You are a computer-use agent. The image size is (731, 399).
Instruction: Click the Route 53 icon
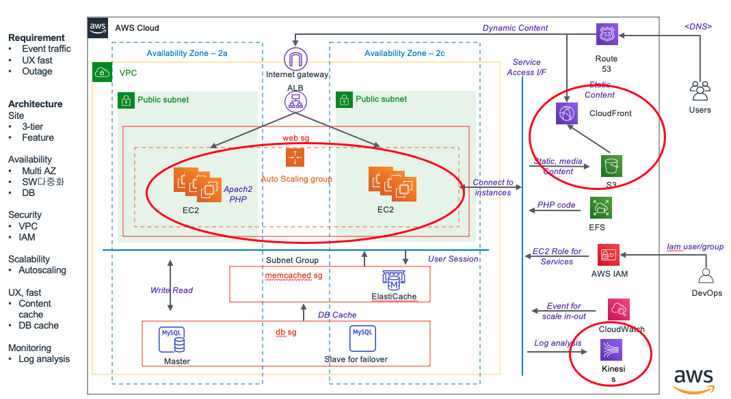coord(607,35)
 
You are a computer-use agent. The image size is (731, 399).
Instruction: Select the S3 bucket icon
coord(611,166)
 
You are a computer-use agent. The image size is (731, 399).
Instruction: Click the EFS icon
coord(600,208)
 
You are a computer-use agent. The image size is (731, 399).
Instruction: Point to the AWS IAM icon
coord(608,255)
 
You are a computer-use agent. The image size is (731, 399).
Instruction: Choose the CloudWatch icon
coord(618,310)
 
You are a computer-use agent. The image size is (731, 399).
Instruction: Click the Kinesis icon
coord(611,350)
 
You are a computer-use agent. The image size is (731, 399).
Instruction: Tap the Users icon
coord(700,91)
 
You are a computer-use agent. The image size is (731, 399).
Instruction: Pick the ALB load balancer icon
coord(295,102)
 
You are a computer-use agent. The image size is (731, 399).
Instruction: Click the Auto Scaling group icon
coord(295,157)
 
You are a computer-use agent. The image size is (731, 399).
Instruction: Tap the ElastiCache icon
coord(393,279)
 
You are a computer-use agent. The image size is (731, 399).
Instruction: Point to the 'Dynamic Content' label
coord(515,28)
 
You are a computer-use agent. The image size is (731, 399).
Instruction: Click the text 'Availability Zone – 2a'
coord(187,53)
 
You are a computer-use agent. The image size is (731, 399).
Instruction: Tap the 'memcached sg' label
coord(293,276)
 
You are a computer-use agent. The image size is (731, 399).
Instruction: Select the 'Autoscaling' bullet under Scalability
coord(42,270)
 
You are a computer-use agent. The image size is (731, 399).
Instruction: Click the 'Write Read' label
coord(172,290)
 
